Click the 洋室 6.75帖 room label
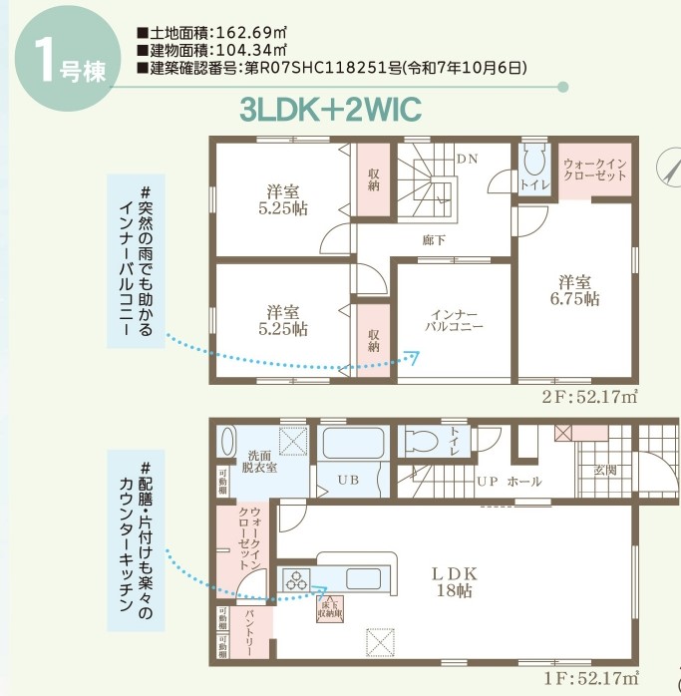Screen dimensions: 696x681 [578, 289]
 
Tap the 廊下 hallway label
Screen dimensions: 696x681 [434, 240]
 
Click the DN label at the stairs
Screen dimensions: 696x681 [467, 159]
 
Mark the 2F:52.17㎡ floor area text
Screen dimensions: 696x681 [588, 398]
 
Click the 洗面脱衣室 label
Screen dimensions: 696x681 [262, 460]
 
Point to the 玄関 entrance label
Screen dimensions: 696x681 [604, 470]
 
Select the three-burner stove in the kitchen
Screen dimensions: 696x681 [297, 577]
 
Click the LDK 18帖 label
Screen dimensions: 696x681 [455, 582]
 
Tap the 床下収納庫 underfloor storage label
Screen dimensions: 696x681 [332, 608]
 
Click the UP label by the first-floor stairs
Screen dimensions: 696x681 [487, 482]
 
